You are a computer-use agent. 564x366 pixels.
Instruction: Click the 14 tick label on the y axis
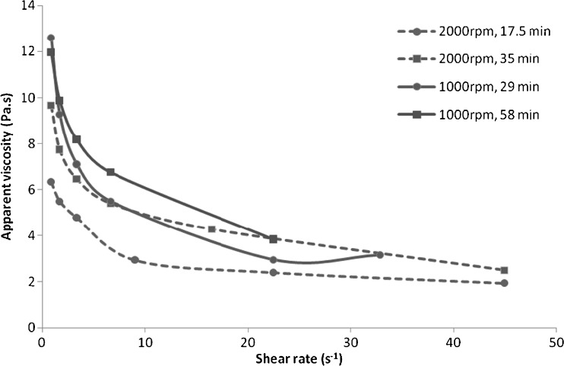(29, 6)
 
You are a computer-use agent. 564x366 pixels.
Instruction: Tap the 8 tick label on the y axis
(31, 144)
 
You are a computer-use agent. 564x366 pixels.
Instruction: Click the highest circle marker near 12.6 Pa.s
(51, 38)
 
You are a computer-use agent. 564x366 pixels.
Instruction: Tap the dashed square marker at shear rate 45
(504, 270)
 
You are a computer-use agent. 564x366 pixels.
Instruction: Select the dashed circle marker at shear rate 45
(504, 283)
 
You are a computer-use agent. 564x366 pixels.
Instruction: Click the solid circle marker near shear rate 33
(379, 255)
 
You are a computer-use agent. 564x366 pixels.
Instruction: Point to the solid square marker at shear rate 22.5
(274, 239)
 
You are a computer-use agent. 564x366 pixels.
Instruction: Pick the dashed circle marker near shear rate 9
(135, 260)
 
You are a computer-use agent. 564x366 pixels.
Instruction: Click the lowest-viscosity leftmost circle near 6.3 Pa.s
(51, 182)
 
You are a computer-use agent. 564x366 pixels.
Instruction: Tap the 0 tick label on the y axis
(31, 328)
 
